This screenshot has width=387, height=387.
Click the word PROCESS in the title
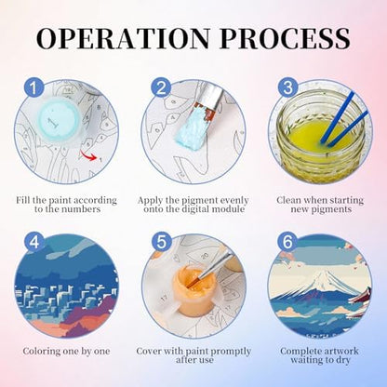(x=285, y=38)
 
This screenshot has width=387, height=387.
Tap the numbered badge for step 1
(x=33, y=87)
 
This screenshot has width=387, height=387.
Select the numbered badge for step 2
(x=161, y=87)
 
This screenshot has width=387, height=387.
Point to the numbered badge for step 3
(x=287, y=87)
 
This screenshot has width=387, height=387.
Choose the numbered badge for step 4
(x=34, y=241)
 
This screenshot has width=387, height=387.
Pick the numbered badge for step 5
(x=161, y=241)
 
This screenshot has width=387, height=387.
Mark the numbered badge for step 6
(x=287, y=241)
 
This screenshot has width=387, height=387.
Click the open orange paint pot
(x=189, y=291)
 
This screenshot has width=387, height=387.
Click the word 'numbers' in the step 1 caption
(x=82, y=209)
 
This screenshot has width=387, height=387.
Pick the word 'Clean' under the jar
(x=289, y=200)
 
